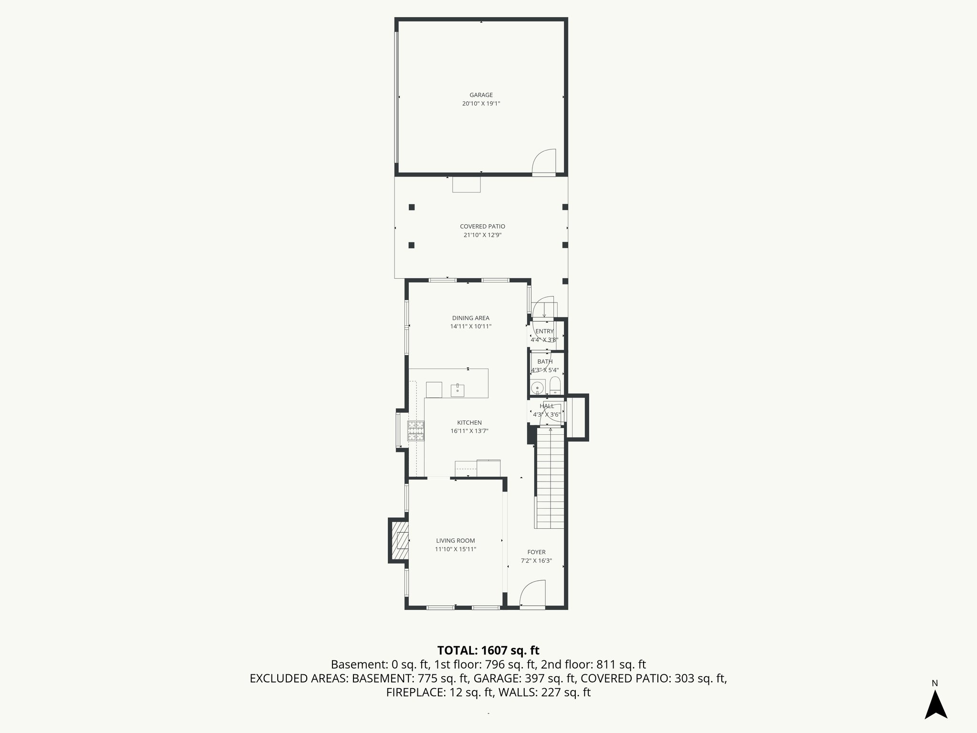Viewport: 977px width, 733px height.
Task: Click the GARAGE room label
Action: tap(481, 95)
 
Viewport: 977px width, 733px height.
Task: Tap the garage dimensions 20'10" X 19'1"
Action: tap(481, 104)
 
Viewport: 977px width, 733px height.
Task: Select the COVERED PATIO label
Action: tap(482, 227)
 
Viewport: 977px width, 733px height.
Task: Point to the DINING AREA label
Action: tap(470, 318)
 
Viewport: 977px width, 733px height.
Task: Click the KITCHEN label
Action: tap(469, 423)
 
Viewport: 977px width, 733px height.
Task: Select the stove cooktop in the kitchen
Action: tap(416, 430)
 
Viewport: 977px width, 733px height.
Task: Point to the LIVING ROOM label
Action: tap(455, 541)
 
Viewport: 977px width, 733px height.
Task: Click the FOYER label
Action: tap(536, 552)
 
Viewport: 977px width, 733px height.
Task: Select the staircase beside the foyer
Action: tap(550, 477)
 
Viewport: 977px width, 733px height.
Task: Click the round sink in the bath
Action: tap(538, 387)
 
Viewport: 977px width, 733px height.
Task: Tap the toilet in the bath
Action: tap(555, 385)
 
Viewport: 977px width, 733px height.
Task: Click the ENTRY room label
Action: tap(544, 332)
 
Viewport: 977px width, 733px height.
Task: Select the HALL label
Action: tap(547, 406)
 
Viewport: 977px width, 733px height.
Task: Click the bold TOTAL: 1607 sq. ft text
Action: tap(488, 650)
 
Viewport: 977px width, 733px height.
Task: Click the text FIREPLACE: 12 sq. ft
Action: tap(439, 692)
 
